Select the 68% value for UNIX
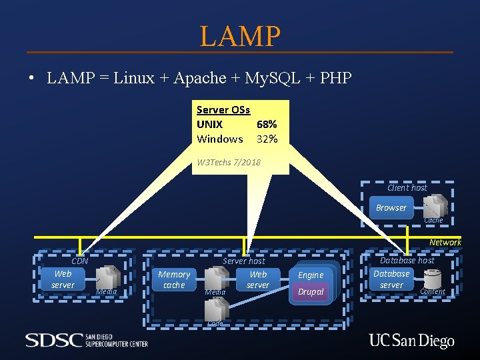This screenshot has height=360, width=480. click(x=267, y=125)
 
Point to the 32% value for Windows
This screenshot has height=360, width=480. click(x=267, y=139)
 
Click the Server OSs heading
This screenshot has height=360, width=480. click(x=223, y=110)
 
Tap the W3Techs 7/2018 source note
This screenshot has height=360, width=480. click(x=229, y=163)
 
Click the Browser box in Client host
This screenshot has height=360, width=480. click(x=391, y=208)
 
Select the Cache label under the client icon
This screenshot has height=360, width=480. click(x=433, y=220)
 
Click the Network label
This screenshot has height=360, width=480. click(x=445, y=243)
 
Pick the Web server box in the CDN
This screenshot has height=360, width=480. click(x=63, y=279)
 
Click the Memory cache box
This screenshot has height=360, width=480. click(x=174, y=279)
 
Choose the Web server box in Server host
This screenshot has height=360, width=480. click(x=258, y=279)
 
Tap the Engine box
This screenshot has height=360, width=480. click(x=311, y=275)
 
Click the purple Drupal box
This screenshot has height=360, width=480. click(x=311, y=292)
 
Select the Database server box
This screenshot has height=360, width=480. click(x=391, y=279)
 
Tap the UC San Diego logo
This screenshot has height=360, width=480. click(x=411, y=341)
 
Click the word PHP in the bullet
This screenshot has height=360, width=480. click(x=335, y=78)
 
